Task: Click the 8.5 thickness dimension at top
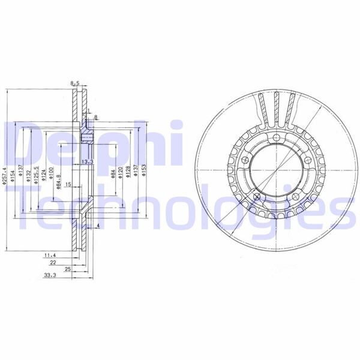(x=75, y=83)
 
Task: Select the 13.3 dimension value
(x=87, y=161)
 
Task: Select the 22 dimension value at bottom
(x=53, y=263)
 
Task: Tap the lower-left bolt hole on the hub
(x=256, y=197)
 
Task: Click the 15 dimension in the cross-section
(x=68, y=184)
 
